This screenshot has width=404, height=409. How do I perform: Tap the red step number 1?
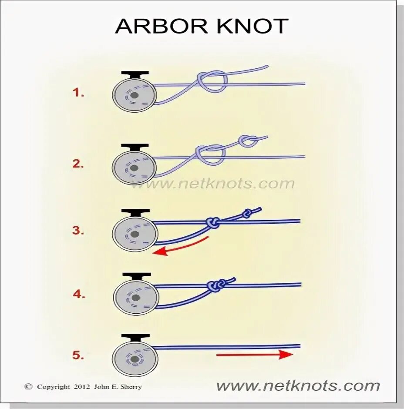[79, 93]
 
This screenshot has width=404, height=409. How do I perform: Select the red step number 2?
[78, 164]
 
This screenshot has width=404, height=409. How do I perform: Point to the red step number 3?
[78, 231]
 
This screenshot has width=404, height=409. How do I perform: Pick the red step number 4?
[79, 294]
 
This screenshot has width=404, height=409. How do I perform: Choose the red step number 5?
[78, 355]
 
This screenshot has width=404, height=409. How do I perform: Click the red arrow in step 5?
[254, 355]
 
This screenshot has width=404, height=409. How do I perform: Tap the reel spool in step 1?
[134, 95]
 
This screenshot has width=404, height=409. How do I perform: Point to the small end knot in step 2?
[249, 141]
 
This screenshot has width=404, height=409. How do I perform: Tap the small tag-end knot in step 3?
[247, 214]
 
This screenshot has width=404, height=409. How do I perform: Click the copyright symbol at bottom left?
[29, 386]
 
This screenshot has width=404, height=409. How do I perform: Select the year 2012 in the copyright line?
[82, 386]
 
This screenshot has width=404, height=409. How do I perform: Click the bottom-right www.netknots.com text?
[298, 386]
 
